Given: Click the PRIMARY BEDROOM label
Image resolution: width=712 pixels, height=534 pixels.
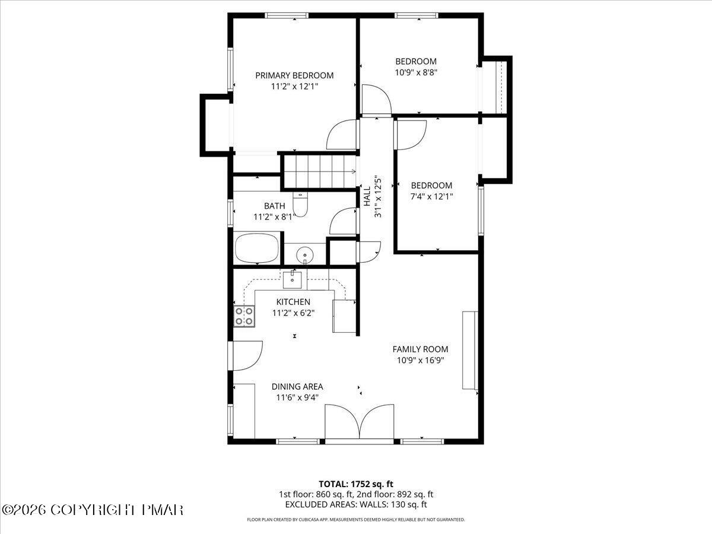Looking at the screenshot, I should tap(294, 75).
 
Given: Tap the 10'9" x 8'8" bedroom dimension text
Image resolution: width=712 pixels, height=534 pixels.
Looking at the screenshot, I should tap(416, 72).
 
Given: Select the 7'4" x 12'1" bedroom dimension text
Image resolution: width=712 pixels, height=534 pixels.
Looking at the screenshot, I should tap(431, 196).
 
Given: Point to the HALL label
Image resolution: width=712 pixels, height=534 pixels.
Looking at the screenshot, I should tap(367, 196).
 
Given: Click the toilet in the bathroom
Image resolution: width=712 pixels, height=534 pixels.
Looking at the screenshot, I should tap(301, 205).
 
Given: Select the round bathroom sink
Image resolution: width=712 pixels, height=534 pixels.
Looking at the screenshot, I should tap(305, 255).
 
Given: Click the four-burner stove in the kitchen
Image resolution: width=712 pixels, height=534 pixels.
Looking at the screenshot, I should tap(244, 316).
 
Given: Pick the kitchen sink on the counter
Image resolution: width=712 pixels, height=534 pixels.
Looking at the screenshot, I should tap(293, 278).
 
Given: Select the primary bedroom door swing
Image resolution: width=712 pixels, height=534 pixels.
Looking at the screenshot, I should tap(342, 135).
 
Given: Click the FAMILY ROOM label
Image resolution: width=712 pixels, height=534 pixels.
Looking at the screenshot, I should tap(420, 349).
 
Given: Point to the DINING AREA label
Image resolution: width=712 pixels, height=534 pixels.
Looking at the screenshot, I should tap(297, 387).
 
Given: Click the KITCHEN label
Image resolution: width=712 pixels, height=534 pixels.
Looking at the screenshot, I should tap(293, 302).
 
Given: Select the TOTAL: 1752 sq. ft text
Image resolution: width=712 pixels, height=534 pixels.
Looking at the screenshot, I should tap(355, 484).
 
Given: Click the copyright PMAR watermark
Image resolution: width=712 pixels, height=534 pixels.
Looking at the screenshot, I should tap(93, 510).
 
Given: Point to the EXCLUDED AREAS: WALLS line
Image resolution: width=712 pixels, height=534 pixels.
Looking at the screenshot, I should tap(355, 505).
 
